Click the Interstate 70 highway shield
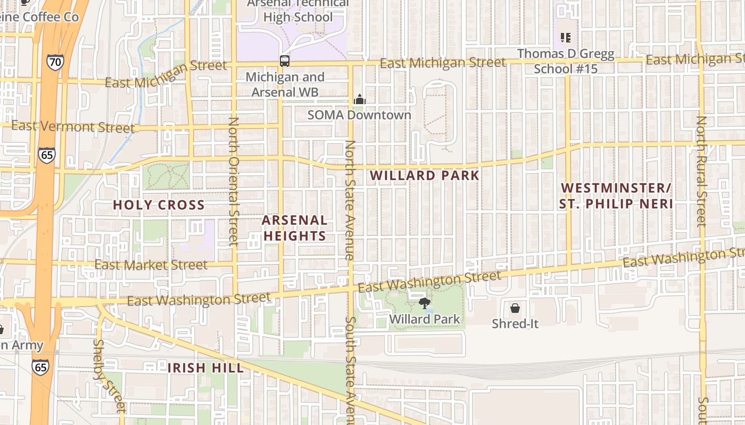55,62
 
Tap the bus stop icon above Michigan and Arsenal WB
285,61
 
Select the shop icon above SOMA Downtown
360,99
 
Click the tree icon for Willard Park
424,303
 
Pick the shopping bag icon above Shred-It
515,308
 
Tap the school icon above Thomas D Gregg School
566,38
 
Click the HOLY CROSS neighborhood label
159,205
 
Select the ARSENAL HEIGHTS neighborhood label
294,228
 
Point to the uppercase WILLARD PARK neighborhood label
424,175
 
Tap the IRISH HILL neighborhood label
206,368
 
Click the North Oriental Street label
233,181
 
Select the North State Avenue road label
350,200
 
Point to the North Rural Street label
701,171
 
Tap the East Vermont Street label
73,127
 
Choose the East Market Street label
151,265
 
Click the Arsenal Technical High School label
298,10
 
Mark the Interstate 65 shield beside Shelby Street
40,367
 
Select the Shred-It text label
515,323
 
